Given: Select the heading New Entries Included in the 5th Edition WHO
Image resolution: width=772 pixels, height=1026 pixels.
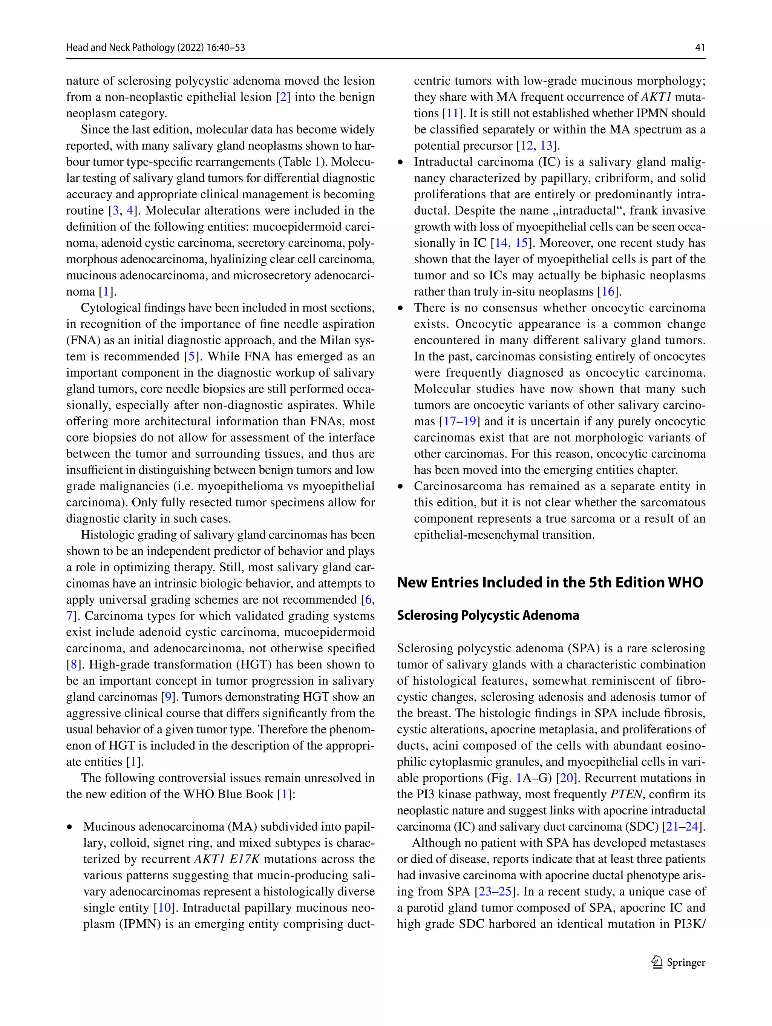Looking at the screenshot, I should point(550,583).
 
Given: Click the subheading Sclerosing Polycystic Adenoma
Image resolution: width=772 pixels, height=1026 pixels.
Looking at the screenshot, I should point(488,615).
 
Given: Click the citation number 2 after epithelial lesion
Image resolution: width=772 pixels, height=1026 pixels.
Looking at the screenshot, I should point(283,97).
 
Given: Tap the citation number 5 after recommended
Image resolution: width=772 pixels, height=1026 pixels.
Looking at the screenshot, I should point(190,357).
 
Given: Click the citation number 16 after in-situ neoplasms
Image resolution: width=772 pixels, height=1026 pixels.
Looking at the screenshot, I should point(608,292).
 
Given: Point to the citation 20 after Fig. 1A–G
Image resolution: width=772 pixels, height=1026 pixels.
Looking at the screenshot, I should point(567,778).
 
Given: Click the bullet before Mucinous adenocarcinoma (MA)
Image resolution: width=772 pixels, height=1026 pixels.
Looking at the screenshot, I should point(70,827).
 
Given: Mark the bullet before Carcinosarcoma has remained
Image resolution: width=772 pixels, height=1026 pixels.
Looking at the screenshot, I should point(401,486).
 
